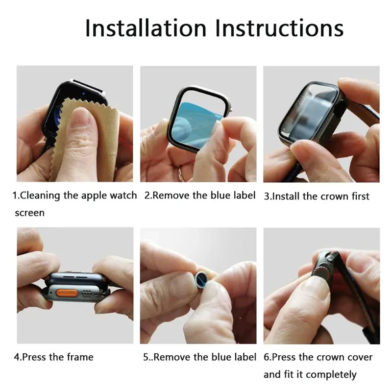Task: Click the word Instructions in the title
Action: (x=280, y=28)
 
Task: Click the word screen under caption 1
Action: (x=29, y=213)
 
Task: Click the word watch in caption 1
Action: (x=123, y=196)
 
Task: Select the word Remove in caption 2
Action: (x=171, y=196)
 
